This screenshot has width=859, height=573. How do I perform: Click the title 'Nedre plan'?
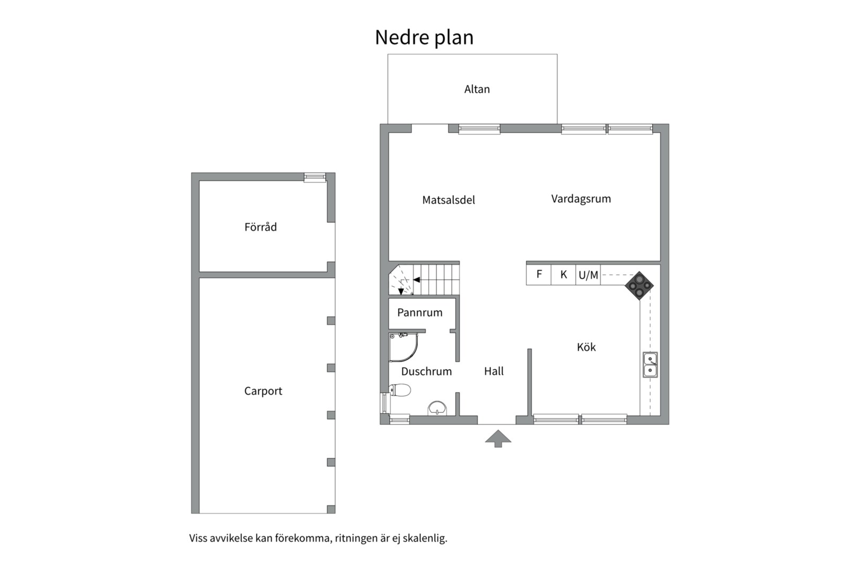coord(424,38)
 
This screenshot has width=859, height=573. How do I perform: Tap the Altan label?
coord(477,89)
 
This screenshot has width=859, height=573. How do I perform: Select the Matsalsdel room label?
coord(448,200)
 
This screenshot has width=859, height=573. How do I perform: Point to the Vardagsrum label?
coord(581,199)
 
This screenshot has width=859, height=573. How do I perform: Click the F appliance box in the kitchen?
coord(539,274)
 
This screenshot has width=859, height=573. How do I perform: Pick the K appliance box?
coord(563,274)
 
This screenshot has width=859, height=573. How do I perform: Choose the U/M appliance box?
coord(588,275)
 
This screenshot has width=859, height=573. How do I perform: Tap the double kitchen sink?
coord(650,364)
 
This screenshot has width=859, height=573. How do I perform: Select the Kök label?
coord(586,347)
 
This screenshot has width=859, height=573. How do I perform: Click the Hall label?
coord(494,371)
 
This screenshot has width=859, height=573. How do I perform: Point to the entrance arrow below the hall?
coord(498,438)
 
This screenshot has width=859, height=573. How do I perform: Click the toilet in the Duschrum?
coord(400,391)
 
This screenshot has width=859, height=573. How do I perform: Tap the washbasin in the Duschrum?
coord(437,407)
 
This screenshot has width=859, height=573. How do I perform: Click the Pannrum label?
coord(419,312)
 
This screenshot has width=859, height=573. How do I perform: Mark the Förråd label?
coord(260,227)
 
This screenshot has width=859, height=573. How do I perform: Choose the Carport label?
coord(263,391)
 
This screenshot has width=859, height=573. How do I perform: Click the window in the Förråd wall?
coord(314,177)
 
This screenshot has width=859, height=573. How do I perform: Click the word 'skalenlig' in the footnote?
coord(425,538)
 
